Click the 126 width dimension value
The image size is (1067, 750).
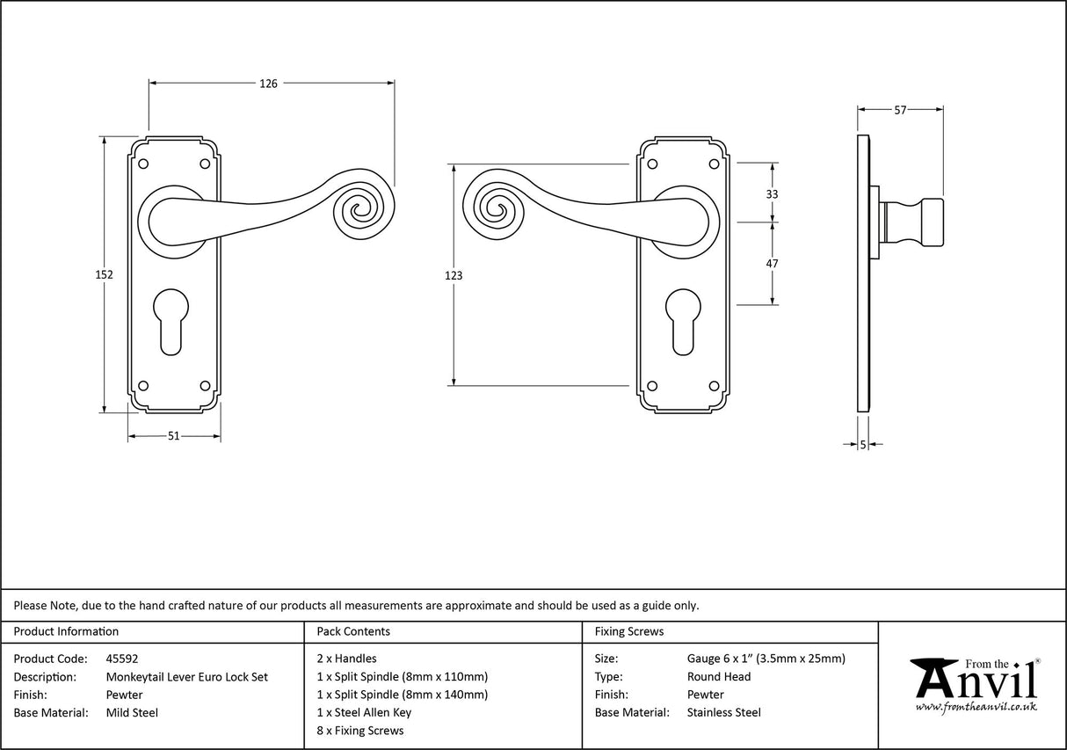pyautogui.click(x=268, y=84)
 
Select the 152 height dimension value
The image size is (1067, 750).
pyautogui.click(x=104, y=275)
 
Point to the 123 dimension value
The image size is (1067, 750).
pyautogui.click(x=454, y=275)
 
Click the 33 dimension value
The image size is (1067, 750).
pyautogui.click(x=773, y=193)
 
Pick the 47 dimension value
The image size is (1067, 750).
pyautogui.click(x=773, y=263)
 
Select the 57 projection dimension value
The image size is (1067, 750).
pyautogui.click(x=900, y=110)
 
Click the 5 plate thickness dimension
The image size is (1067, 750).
pyautogui.click(x=863, y=445)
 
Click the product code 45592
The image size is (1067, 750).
pyautogui.click(x=122, y=658)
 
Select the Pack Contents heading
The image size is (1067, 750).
pyautogui.click(x=353, y=631)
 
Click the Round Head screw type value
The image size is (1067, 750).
pyautogui.click(x=718, y=676)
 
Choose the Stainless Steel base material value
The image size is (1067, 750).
pyautogui.click(x=723, y=712)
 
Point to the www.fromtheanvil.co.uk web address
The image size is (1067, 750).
pyautogui.click(x=976, y=707)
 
